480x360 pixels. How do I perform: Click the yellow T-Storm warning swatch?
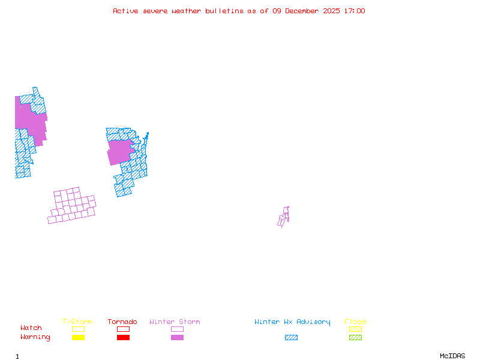point(78,338)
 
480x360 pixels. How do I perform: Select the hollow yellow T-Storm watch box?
point(78,329)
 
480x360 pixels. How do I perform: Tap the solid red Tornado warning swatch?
point(123,338)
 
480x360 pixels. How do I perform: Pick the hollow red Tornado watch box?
point(123,329)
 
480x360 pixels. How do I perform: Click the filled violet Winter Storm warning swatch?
point(177,338)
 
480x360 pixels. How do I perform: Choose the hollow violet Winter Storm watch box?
point(177,329)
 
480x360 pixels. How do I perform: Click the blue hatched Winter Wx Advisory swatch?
point(291,338)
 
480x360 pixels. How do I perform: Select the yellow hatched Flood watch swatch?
point(355,329)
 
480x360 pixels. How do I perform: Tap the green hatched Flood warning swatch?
point(355,338)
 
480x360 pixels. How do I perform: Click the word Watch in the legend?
point(31,328)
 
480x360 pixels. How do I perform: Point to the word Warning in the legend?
point(35,337)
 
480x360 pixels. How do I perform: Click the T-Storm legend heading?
point(77,322)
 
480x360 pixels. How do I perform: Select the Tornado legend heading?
point(122,322)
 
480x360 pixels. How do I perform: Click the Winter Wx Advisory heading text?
point(292,322)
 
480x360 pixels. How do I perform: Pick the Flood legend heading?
point(355,322)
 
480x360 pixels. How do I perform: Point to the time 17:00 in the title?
point(354,11)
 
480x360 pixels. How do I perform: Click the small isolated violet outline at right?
point(284,217)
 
